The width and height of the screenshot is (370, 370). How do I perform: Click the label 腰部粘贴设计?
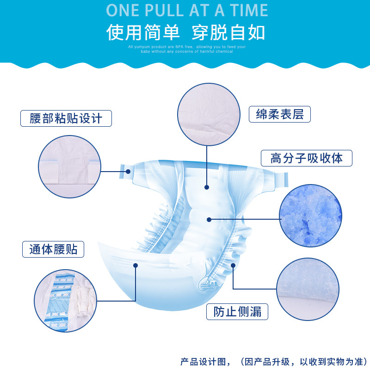pos(67,118)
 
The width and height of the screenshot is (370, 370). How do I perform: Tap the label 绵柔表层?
pos(279,114)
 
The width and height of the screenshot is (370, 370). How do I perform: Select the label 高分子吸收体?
pos(306,158)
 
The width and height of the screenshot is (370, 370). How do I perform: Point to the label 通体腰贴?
pos(53,249)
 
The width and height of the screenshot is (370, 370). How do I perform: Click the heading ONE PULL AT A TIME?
pos(187,10)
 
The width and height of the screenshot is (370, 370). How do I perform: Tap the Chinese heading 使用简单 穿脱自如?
pos(186,32)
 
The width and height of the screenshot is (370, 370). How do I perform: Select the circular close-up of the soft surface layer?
pos(209,114)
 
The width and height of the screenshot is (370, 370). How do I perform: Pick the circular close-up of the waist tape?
pos(69,166)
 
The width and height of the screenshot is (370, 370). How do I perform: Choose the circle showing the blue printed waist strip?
pos(65,301)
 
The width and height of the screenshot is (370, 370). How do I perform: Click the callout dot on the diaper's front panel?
pos(136,265)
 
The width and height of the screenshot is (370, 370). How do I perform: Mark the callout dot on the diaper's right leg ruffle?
pos(233,265)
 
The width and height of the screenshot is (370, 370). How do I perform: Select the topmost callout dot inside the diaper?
pos(207,187)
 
